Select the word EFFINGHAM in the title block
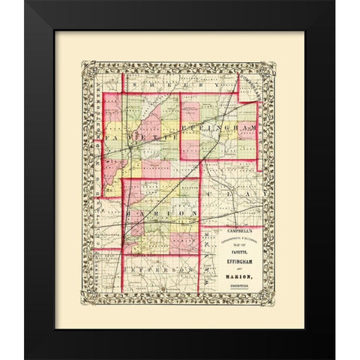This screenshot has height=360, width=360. [x=239, y=254]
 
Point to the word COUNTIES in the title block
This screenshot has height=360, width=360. [x=239, y=277]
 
